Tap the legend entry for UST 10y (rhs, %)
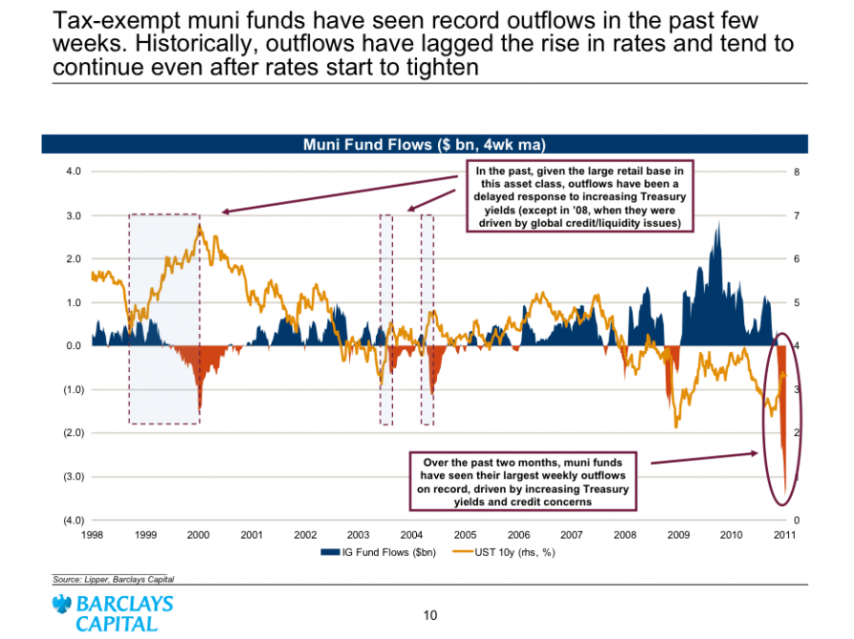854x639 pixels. (509, 552)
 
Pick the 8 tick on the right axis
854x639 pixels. (796, 172)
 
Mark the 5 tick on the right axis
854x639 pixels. (796, 302)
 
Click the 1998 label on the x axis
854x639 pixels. (92, 535)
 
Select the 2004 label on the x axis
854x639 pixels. (411, 535)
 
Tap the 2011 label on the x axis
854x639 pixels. (784, 535)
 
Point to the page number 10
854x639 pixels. (429, 614)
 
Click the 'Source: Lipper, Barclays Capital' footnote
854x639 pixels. (114, 579)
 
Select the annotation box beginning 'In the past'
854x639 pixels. (580, 196)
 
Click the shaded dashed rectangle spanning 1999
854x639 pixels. (164, 319)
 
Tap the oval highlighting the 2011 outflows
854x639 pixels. (783, 417)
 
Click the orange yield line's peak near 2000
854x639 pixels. (198, 225)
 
